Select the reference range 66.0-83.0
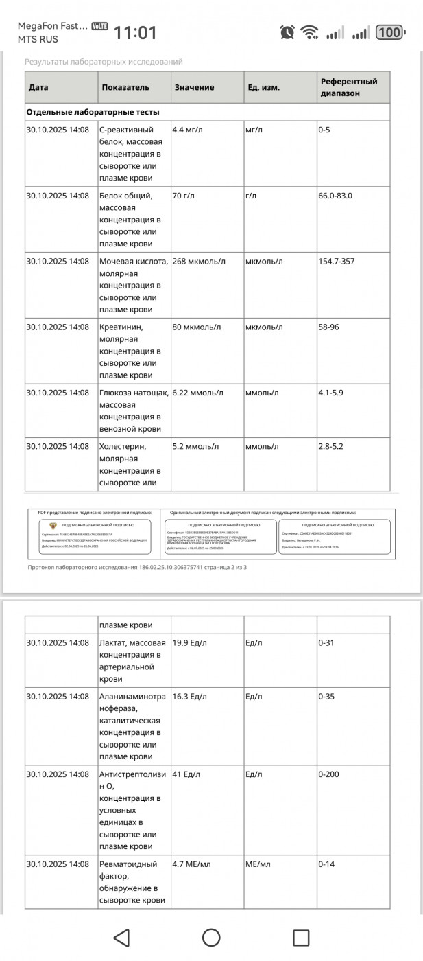point(335,196)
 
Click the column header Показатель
point(125,87)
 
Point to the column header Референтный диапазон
point(349,87)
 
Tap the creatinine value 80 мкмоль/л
point(196,327)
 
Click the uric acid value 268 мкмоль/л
point(198,261)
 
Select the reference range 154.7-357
point(337,261)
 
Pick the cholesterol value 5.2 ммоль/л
point(195,446)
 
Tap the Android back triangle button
point(121,937)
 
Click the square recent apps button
point(301,937)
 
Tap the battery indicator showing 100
point(390,32)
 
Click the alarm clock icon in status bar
point(287,32)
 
